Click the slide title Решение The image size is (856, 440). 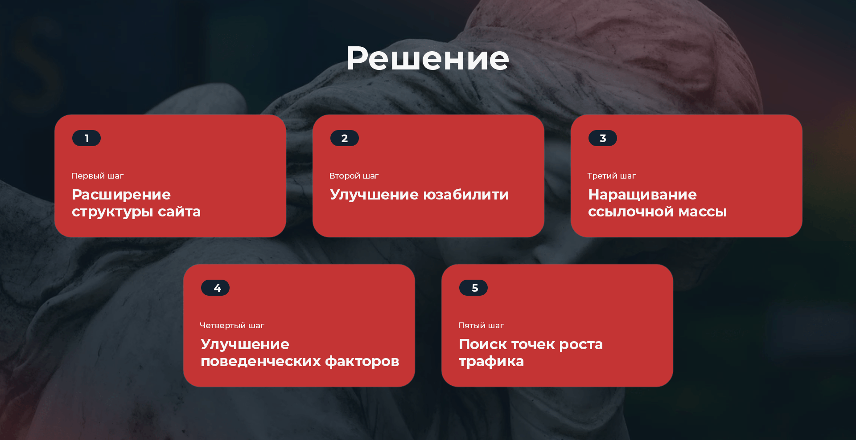pyautogui.click(x=428, y=58)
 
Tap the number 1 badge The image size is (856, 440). pyautogui.click(x=86, y=138)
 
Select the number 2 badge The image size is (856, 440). pyautogui.click(x=345, y=138)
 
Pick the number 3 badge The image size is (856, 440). pyautogui.click(x=603, y=138)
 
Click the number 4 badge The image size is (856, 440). pyautogui.click(x=215, y=288)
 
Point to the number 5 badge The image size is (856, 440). pyautogui.click(x=473, y=288)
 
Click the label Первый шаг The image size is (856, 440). pyautogui.click(x=97, y=176)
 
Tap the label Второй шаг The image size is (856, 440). pyautogui.click(x=354, y=176)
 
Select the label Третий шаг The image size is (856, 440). pyautogui.click(x=612, y=176)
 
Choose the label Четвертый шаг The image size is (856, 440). pyautogui.click(x=232, y=326)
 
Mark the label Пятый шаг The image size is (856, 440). pyautogui.click(x=481, y=326)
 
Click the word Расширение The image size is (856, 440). pyautogui.click(x=121, y=195)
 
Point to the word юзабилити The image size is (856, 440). pyautogui.click(x=466, y=195)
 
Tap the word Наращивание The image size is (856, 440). pyautogui.click(x=642, y=195)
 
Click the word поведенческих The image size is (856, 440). pyautogui.click(x=260, y=362)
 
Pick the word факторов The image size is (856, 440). pyautogui.click(x=362, y=362)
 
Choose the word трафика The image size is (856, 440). pyautogui.click(x=491, y=362)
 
